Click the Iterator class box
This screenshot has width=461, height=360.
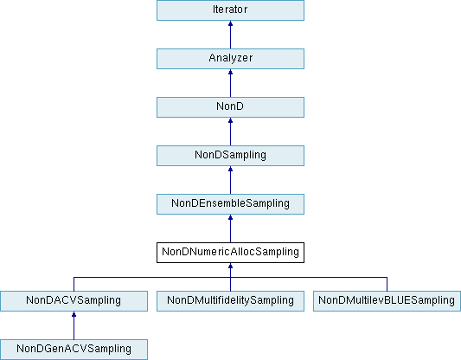(230, 10)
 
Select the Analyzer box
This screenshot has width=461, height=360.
(230, 59)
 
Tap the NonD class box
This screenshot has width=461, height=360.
(230, 107)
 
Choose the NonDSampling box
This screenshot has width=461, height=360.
(230, 156)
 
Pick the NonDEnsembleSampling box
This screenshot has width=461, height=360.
(230, 204)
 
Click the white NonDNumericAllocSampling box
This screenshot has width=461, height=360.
(230, 253)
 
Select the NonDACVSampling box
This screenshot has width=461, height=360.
(74, 301)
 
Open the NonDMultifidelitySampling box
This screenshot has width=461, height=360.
(230, 301)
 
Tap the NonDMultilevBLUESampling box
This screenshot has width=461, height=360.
(387, 301)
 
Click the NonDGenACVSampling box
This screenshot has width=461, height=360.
(74, 350)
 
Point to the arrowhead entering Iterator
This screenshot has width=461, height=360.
(230, 23)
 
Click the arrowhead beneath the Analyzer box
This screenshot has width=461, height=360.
(230, 72)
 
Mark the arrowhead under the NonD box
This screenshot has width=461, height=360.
(230, 120)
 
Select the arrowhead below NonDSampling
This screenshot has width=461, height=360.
(230, 169)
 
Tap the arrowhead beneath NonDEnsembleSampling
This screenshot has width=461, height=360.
(230, 217)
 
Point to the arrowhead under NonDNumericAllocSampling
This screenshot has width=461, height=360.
(230, 266)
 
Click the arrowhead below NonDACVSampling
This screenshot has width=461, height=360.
(74, 314)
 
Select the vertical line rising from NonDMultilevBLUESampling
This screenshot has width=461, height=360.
(387, 284)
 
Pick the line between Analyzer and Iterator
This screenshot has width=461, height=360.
(230, 35)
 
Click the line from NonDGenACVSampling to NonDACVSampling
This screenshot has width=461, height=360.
(74, 325)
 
